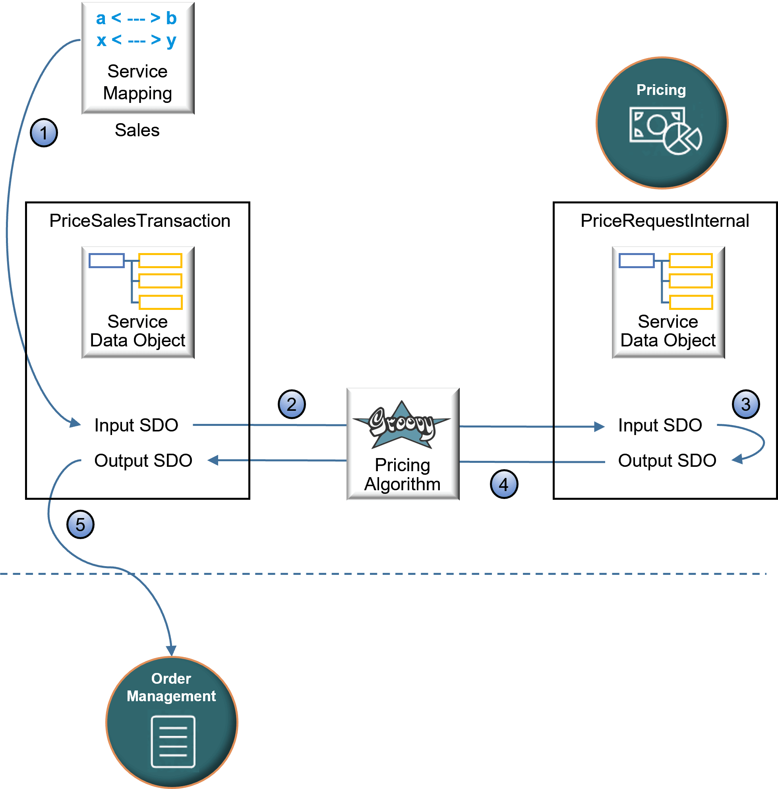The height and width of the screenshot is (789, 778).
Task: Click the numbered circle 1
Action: coord(44,133)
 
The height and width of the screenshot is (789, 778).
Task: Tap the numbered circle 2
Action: coord(292,404)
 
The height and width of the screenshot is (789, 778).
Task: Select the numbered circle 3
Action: coord(745,404)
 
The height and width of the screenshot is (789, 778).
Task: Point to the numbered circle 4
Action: coord(503,484)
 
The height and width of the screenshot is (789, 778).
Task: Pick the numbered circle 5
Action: coord(80,524)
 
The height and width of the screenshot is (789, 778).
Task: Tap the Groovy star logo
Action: coord(402,425)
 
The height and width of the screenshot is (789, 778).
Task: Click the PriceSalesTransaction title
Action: coord(140,221)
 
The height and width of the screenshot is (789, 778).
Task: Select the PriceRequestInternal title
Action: coord(664,221)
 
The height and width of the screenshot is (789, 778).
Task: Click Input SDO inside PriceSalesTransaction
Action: coord(136,425)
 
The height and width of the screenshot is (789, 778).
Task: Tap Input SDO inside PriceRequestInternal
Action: coord(660,425)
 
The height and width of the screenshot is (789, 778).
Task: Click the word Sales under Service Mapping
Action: coord(137,130)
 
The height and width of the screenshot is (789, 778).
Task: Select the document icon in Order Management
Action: coord(173,741)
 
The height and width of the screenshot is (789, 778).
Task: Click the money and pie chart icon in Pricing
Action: coord(665,131)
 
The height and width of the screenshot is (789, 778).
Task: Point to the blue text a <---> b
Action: coord(136,18)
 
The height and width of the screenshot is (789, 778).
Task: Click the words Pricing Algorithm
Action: coord(402,474)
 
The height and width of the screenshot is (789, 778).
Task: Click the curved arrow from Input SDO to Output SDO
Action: coord(762,443)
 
